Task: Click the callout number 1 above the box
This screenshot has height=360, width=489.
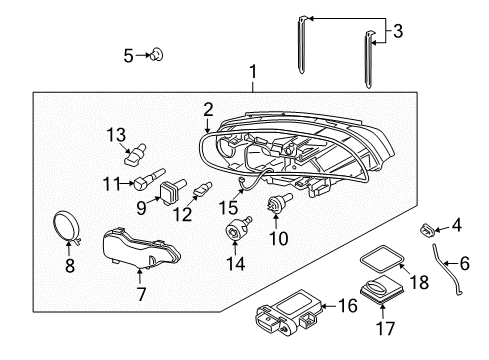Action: pyautogui.click(x=253, y=72)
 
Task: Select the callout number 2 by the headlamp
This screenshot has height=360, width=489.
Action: pyautogui.click(x=208, y=108)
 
